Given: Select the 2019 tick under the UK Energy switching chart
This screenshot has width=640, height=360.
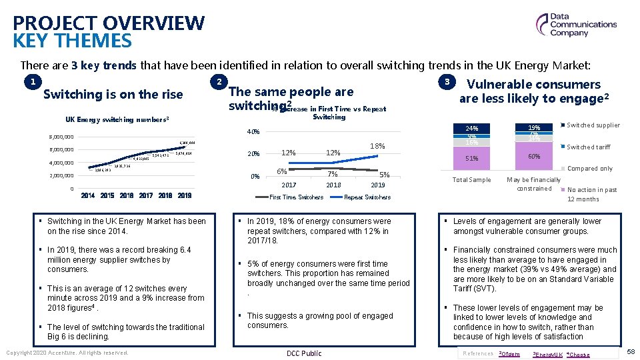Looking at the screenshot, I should [185, 196].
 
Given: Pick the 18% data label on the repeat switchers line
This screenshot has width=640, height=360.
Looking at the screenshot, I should [378, 146].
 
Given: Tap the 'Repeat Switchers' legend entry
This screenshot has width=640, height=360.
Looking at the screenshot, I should [367, 197].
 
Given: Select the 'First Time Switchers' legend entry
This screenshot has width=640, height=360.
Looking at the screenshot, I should [296, 197].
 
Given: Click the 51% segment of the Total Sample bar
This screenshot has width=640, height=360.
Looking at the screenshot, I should [471, 159].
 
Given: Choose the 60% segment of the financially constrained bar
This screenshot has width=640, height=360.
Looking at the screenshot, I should [534, 157].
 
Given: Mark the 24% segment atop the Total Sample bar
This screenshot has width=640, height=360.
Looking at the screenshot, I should [471, 128].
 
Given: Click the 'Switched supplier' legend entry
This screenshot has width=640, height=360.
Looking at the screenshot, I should [593, 125].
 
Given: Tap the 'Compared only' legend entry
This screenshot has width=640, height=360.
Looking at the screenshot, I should [589, 169].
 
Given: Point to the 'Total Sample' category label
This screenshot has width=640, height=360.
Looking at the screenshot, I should [471, 180].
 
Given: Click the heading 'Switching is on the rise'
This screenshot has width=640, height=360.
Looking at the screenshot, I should [113, 95].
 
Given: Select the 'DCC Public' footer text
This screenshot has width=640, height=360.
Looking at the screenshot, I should [303, 353].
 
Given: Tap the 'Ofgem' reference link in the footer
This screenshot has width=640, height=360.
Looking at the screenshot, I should [510, 354].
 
